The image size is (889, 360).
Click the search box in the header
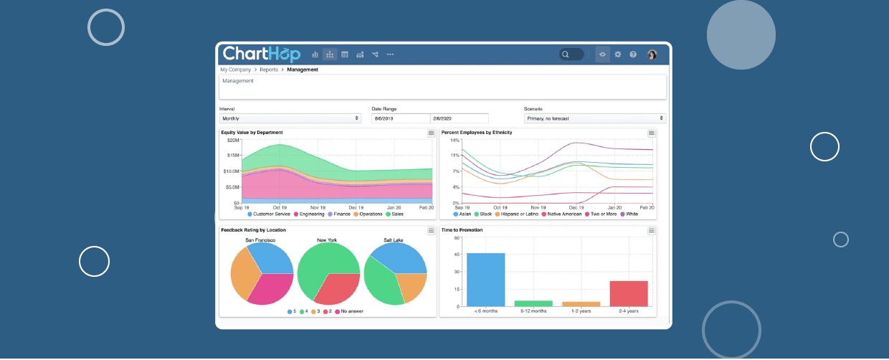[x=571, y=55]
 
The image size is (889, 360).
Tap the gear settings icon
[x=618, y=55]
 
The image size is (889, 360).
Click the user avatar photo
[x=652, y=55]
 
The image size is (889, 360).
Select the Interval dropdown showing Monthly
[x=290, y=118]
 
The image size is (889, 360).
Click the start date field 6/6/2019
[x=400, y=118]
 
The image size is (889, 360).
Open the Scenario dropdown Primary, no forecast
[x=594, y=118]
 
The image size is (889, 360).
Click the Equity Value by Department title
[x=252, y=133]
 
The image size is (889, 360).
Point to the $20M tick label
[x=232, y=141]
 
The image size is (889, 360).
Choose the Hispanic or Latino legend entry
[x=518, y=214]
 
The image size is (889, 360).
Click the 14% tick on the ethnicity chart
[x=455, y=141]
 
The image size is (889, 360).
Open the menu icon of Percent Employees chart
[x=652, y=133]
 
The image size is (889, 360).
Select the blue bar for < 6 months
[x=485, y=280]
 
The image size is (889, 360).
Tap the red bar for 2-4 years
[x=629, y=293]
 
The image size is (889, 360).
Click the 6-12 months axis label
[x=533, y=311]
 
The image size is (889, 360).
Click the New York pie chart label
[x=327, y=240]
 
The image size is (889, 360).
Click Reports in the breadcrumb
[x=269, y=70]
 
